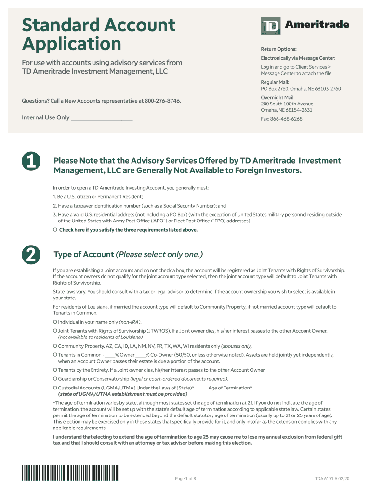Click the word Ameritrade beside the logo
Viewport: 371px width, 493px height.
pyautogui.click(x=315, y=25)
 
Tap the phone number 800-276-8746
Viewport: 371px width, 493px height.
pyautogui.click(x=163, y=101)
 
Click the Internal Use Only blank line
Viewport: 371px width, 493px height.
pyautogui.click(x=102, y=118)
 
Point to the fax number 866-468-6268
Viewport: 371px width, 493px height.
pyautogui.click(x=286, y=119)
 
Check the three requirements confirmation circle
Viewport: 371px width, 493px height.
pyautogui.click(x=55, y=230)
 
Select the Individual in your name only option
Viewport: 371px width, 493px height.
pyautogui.click(x=55, y=322)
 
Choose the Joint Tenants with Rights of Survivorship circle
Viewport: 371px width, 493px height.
pyautogui.click(x=55, y=331)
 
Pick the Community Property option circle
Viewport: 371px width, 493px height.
pyautogui.click(x=55, y=346)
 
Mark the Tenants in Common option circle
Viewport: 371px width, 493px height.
pyautogui.click(x=55, y=355)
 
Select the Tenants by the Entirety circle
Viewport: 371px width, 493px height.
pyautogui.click(x=55, y=370)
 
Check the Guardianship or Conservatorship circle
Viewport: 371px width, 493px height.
pyautogui.click(x=55, y=379)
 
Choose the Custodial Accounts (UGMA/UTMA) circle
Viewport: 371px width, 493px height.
pyautogui.click(x=55, y=388)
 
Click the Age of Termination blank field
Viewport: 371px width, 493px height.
pyautogui.click(x=260, y=388)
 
